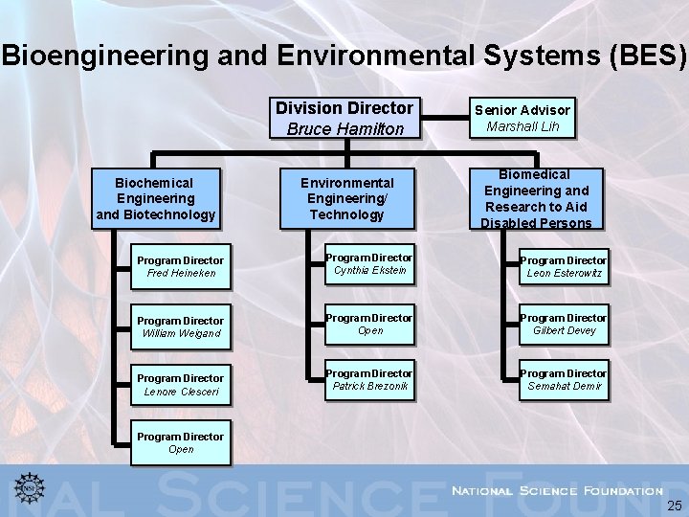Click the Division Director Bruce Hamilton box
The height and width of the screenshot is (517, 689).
[344, 118]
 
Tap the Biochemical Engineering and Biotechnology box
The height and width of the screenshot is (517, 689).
[155, 198]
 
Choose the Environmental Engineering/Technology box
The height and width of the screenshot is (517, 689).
[346, 198]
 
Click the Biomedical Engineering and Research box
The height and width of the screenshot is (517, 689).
[535, 198]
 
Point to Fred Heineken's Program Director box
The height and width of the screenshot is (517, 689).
[180, 266]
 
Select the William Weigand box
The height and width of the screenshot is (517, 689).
[180, 326]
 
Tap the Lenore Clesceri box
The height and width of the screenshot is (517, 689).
[180, 384]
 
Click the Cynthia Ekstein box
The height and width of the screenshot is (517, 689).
[369, 264]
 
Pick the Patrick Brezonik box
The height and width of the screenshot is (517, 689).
[369, 379]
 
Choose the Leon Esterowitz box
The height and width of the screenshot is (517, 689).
[562, 266]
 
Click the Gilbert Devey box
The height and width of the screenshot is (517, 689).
[562, 324]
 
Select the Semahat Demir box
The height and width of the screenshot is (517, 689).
[562, 379]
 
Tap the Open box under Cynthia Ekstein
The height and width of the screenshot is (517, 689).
[369, 324]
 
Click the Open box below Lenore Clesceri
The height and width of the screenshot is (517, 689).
[180, 442]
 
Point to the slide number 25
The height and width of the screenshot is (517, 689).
[674, 505]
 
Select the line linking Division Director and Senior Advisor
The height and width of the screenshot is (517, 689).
[443, 118]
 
